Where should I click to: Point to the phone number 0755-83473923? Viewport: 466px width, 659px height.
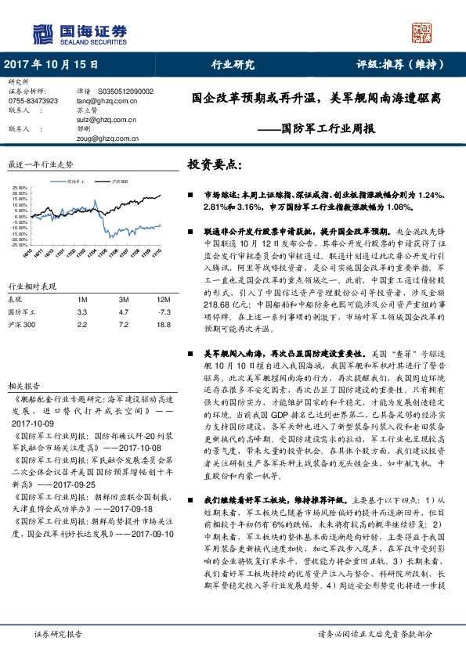[33, 101]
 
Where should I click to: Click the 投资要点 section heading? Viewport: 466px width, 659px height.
[215, 165]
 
